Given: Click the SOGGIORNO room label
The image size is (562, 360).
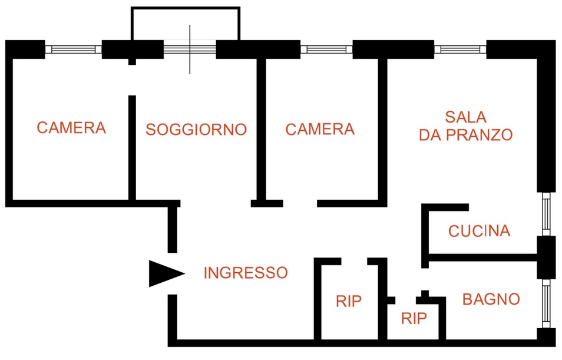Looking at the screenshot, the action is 196,130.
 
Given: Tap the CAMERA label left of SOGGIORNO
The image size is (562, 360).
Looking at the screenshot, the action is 71,128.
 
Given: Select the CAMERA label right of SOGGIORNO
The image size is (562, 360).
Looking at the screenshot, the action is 320,129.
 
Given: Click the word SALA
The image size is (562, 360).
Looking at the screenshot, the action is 465,117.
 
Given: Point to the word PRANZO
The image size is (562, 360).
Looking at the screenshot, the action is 480,135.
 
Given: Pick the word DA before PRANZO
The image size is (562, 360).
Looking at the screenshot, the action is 431,135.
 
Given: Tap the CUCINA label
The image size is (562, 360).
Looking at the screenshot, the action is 479,231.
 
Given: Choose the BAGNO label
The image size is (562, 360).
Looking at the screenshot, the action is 491,299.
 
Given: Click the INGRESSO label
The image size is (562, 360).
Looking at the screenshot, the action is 246,273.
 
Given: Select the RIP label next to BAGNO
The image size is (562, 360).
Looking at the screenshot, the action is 414,318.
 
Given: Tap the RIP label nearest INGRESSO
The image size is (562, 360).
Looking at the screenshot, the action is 349,301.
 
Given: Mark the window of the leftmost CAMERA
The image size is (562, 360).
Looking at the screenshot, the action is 74,49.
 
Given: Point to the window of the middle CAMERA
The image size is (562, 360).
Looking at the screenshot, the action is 326,49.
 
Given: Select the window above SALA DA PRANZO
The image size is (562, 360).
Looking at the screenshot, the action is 460,49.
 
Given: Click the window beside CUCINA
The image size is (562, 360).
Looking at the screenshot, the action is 546,214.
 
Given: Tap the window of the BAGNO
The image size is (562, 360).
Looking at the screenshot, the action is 546,303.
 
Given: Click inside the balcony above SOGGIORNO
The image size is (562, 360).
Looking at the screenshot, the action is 186,24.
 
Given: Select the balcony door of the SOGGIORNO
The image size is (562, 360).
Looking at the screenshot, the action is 190,49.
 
